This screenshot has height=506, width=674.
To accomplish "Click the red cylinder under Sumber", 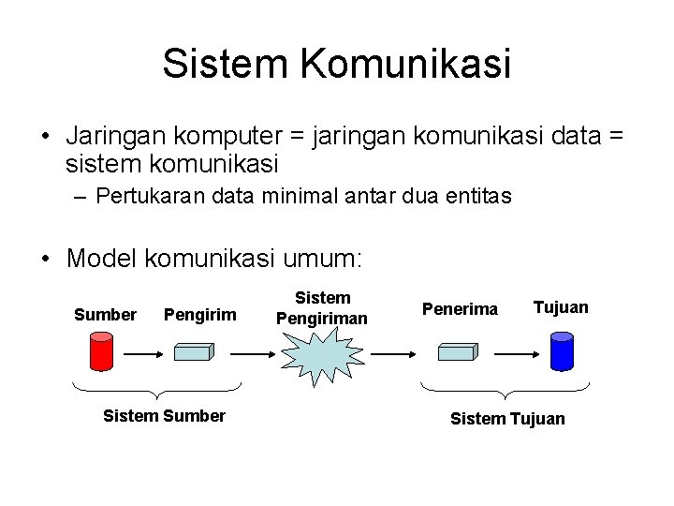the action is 100,350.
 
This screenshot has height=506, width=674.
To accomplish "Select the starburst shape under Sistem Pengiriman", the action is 321,355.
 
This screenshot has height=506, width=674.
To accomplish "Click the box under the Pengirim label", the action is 194,351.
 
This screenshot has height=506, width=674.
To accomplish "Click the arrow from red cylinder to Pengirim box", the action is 145,354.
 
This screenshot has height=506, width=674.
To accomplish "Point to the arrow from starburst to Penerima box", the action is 394,354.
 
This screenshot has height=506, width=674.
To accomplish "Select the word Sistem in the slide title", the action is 225,64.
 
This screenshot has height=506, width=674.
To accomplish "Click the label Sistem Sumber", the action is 164,416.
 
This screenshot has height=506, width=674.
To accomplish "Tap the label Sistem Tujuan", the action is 507,418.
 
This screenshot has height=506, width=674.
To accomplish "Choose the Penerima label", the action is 460,308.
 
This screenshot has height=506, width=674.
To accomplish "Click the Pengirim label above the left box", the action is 199,314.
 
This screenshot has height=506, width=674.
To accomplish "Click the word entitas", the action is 478,197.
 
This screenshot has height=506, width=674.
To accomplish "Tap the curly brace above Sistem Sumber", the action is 157,390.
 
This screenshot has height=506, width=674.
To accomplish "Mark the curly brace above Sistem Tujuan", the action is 505,390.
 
